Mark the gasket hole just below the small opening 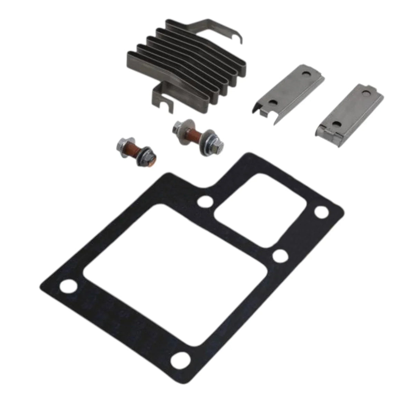click(280, 256)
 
